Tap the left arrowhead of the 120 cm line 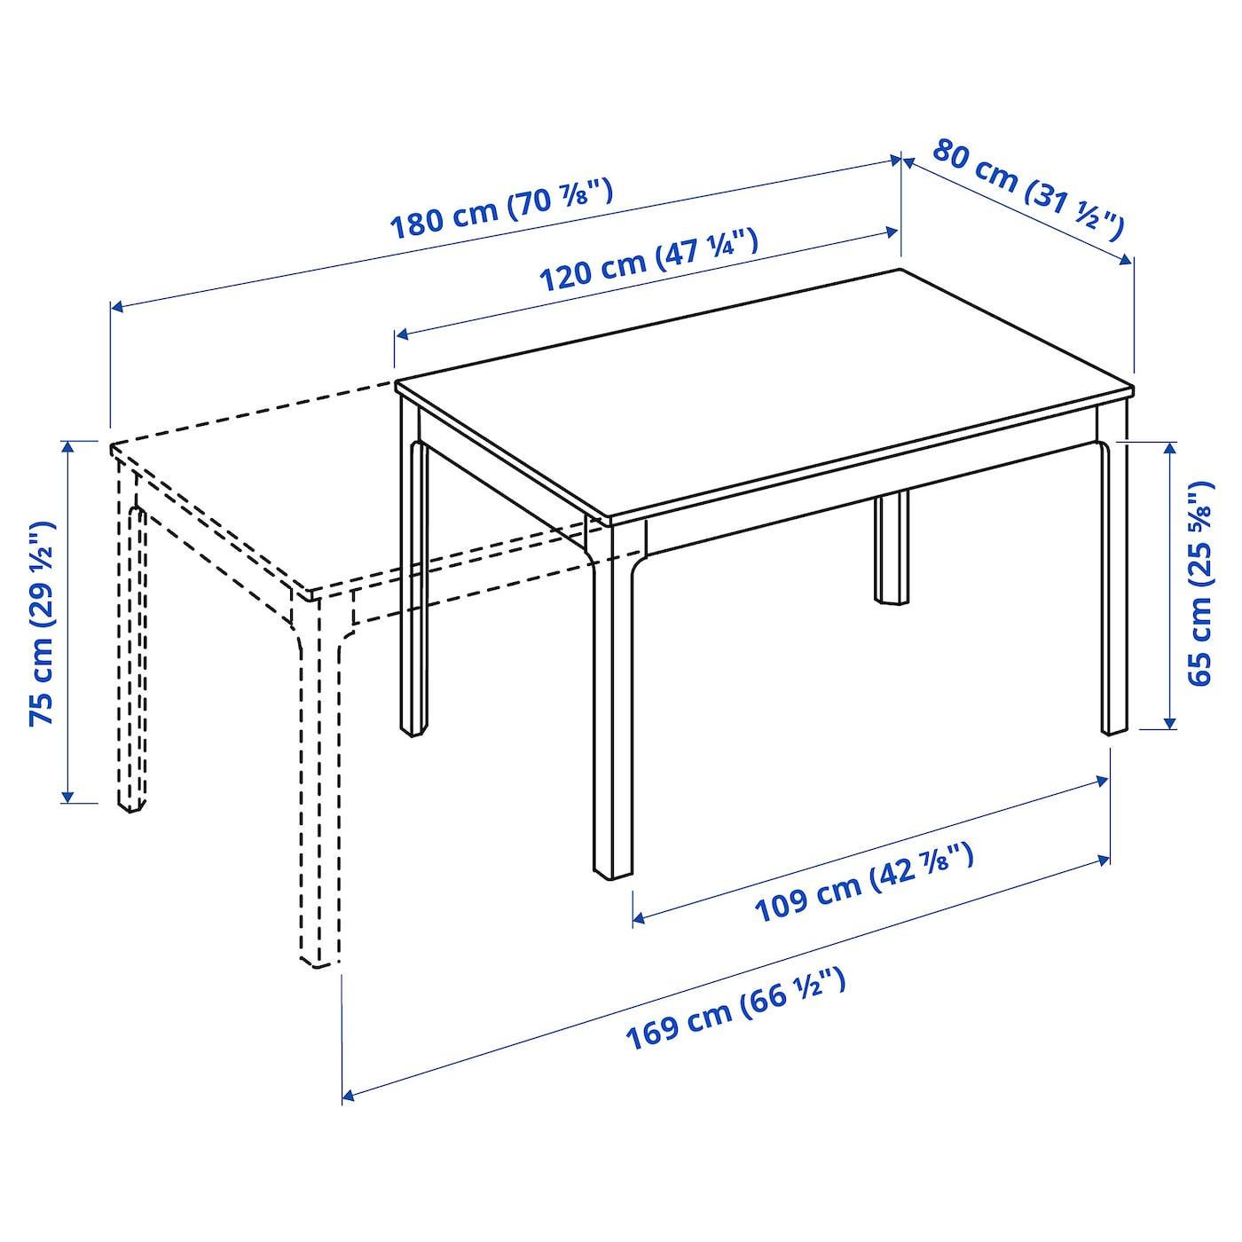coord(401,334)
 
